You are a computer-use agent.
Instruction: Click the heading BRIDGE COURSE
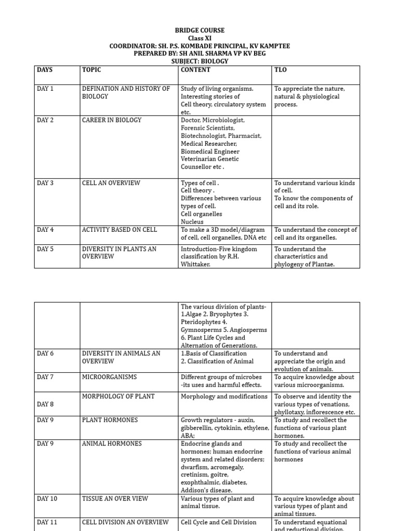click(x=199, y=31)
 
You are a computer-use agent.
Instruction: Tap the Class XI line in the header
click(x=199, y=38)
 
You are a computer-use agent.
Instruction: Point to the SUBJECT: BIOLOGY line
click(x=199, y=61)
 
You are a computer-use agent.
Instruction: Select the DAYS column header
click(x=45, y=70)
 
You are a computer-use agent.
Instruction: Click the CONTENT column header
click(x=195, y=70)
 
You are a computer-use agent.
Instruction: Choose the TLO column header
click(x=280, y=70)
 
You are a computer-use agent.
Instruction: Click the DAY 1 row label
click(x=45, y=89)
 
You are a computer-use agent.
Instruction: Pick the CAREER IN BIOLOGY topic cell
click(x=112, y=120)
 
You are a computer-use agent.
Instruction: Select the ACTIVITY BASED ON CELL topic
click(x=119, y=230)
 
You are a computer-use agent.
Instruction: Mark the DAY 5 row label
click(x=45, y=249)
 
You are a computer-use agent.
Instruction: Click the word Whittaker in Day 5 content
click(x=196, y=264)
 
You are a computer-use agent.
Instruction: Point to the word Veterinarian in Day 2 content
click(x=203, y=159)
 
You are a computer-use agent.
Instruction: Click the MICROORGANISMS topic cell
click(x=111, y=377)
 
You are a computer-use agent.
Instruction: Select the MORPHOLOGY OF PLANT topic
click(x=118, y=397)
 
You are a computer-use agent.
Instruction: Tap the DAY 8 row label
click(x=45, y=404)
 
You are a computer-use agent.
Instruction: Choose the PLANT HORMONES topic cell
click(x=110, y=420)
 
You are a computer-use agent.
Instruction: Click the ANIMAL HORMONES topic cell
click(x=112, y=444)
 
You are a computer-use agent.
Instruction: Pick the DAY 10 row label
click(x=47, y=499)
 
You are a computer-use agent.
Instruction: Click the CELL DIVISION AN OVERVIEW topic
click(x=125, y=522)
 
